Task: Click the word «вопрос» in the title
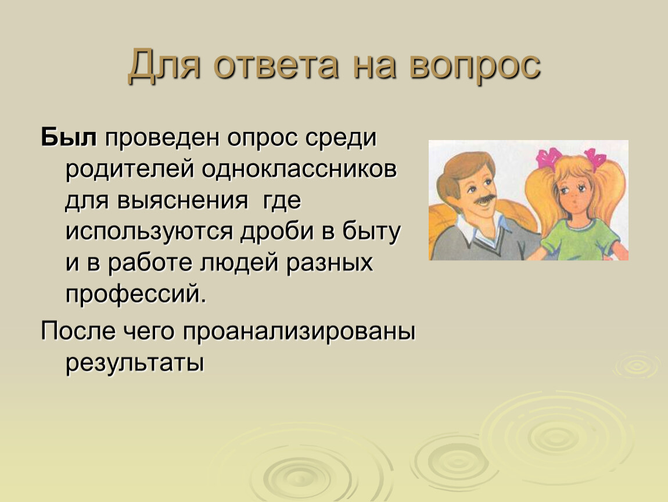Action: click(x=475, y=66)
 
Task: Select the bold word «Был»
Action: click(x=69, y=137)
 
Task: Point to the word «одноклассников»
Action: click(x=299, y=169)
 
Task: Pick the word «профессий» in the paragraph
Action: click(x=132, y=294)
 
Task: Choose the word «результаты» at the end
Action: click(x=135, y=363)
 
